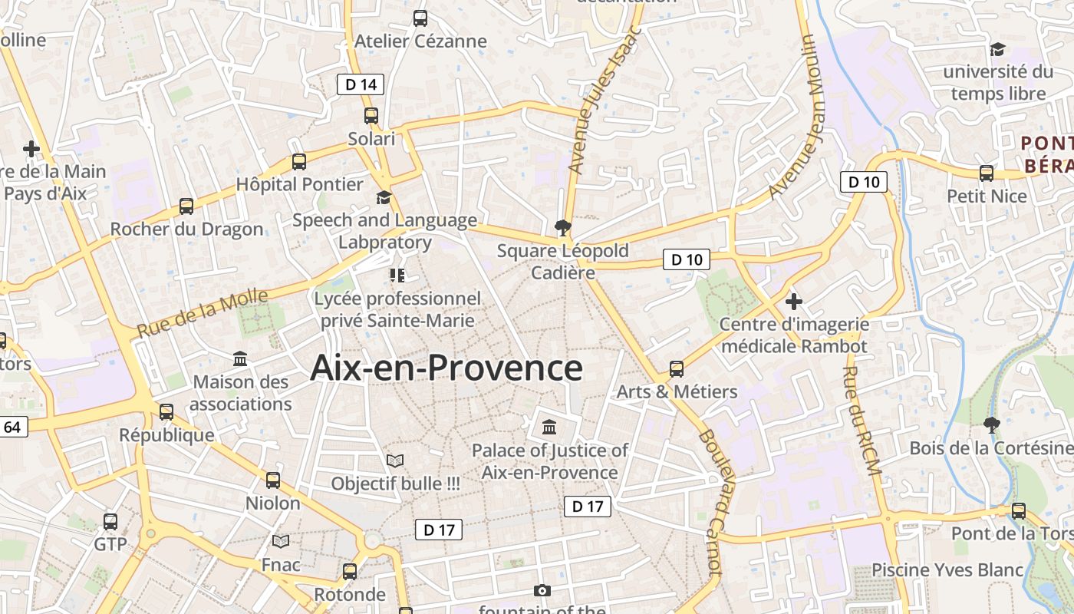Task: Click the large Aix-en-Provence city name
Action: pyautogui.click(x=446, y=368)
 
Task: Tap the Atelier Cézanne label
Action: pyautogui.click(x=420, y=41)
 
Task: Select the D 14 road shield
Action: pyautogui.click(x=361, y=84)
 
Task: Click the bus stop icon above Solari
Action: pyautogui.click(x=371, y=116)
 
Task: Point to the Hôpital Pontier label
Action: pyautogui.click(x=299, y=184)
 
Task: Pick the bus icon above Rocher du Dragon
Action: pyautogui.click(x=186, y=206)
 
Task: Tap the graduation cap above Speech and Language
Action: pyautogui.click(x=384, y=198)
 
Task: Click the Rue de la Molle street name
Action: pyautogui.click(x=203, y=313)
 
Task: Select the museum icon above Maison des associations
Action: pyautogui.click(x=240, y=358)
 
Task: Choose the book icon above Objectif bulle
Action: pyautogui.click(x=395, y=460)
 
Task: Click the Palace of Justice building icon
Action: pyautogui.click(x=549, y=427)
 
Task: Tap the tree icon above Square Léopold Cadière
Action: pyautogui.click(x=562, y=227)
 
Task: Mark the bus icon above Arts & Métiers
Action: pyautogui.click(x=677, y=369)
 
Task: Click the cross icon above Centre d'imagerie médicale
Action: pyautogui.click(x=794, y=302)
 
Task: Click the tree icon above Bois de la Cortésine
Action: pyautogui.click(x=992, y=424)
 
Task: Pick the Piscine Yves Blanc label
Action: pyautogui.click(x=947, y=570)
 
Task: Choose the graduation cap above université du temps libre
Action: pyautogui.click(x=997, y=49)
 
